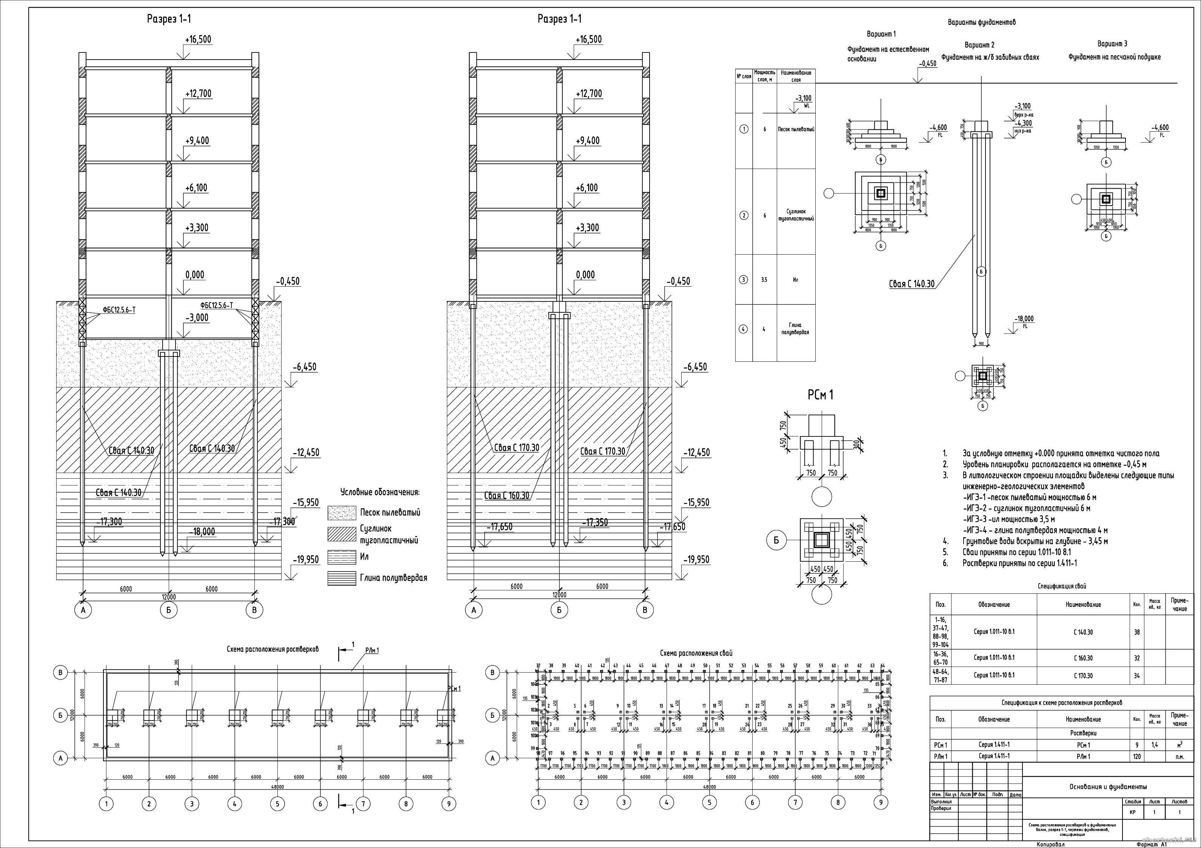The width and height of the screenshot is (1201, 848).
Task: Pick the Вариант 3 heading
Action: [1112, 43]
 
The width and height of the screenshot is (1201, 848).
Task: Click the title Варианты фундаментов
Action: [982, 23]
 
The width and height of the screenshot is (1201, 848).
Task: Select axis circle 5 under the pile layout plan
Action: [709, 802]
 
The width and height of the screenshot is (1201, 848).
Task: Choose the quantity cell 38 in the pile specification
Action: [1137, 632]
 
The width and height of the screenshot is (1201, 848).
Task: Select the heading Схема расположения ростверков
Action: [273, 649]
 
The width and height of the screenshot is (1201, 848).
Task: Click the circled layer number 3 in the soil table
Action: [744, 280]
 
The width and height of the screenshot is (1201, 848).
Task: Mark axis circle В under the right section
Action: [645, 610]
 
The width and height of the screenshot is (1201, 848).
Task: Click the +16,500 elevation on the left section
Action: [198, 40]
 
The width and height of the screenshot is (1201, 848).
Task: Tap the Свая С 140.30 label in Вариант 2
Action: [912, 284]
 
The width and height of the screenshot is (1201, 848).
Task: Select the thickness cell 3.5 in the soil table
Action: [764, 280]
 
